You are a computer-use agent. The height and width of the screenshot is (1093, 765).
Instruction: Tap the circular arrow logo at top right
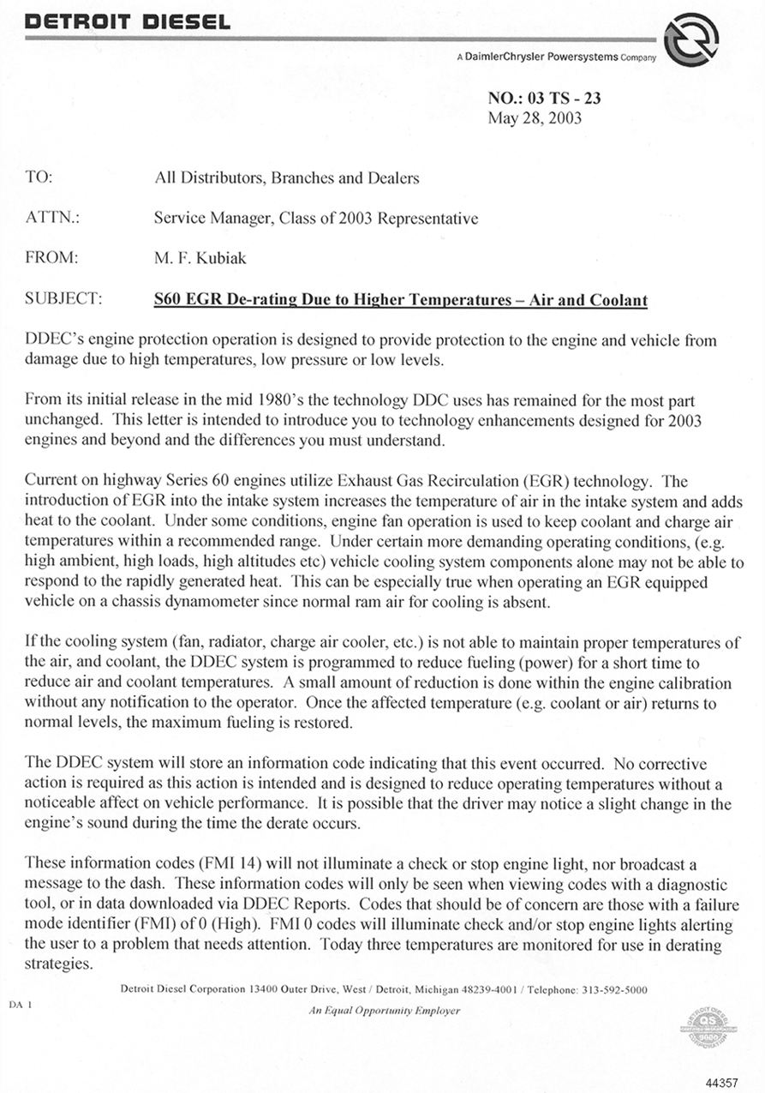point(690,39)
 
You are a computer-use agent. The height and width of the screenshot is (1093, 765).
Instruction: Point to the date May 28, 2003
point(535,117)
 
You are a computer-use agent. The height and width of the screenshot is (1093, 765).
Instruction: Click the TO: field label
point(39,178)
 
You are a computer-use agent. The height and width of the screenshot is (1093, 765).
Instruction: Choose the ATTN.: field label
point(53,219)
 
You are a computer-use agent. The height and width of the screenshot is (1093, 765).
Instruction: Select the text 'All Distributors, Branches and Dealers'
point(286,178)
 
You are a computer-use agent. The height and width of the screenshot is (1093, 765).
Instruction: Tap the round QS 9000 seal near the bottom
point(702,1025)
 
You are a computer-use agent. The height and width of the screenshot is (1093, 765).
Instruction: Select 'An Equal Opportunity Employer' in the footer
point(384,1011)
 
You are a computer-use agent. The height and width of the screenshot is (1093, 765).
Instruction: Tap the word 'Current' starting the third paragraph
point(53,482)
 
